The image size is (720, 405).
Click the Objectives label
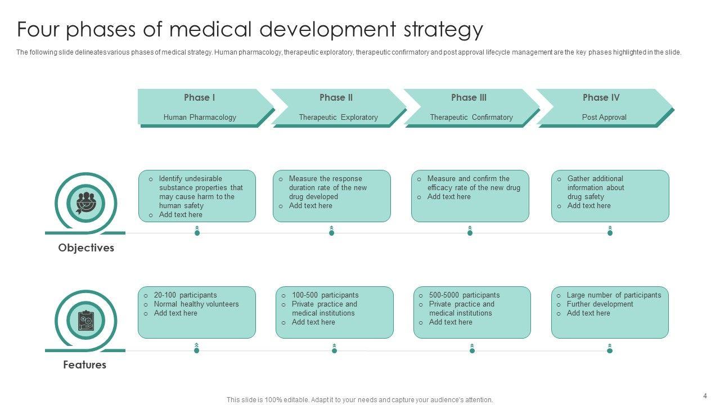(86, 248)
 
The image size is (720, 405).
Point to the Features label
(84, 365)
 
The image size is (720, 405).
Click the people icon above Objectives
(85, 202)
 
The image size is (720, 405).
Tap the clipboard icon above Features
(85, 320)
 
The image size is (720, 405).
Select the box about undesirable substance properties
(197, 196)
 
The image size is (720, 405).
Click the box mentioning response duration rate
(331, 196)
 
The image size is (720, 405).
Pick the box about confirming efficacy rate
(470, 196)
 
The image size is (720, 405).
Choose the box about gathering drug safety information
(610, 196)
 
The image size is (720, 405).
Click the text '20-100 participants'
(185, 295)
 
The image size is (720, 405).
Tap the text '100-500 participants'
(325, 295)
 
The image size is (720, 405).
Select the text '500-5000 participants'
(464, 295)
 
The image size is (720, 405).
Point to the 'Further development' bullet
(600, 304)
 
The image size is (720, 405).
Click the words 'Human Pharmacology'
(200, 118)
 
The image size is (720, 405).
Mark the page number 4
(705, 396)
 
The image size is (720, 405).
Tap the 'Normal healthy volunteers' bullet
(196, 304)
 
